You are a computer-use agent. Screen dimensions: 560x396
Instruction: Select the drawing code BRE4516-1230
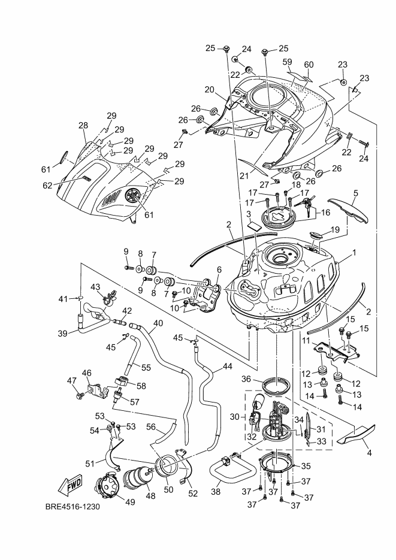click(72, 507)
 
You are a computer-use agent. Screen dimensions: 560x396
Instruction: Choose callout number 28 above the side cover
click(83, 126)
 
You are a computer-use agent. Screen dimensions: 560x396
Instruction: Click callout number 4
click(368, 453)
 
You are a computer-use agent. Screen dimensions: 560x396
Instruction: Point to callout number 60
click(309, 65)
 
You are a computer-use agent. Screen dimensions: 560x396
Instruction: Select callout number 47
click(71, 381)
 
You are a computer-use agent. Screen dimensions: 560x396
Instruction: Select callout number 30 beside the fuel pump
click(235, 417)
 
